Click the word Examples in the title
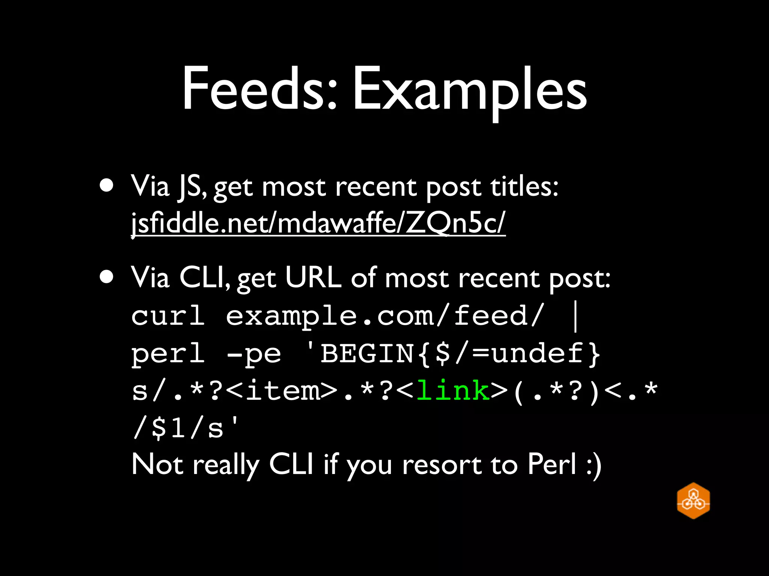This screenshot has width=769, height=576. (469, 90)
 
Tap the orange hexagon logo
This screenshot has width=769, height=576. (693, 501)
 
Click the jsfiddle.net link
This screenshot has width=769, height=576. (318, 223)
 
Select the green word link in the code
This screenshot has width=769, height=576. (453, 390)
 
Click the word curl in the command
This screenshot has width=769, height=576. (168, 316)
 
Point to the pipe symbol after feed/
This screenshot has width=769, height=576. (576, 317)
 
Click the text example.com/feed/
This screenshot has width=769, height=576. (385, 316)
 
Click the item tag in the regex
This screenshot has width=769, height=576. (283, 390)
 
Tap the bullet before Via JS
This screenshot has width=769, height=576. (107, 185)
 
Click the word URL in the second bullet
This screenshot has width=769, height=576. (313, 277)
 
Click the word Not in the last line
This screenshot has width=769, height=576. (157, 464)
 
